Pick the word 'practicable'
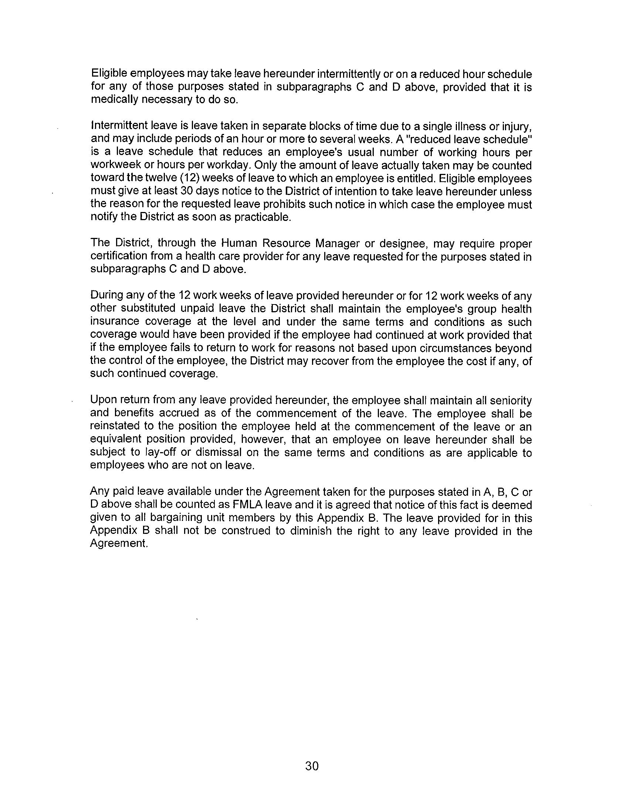coord(263,217)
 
